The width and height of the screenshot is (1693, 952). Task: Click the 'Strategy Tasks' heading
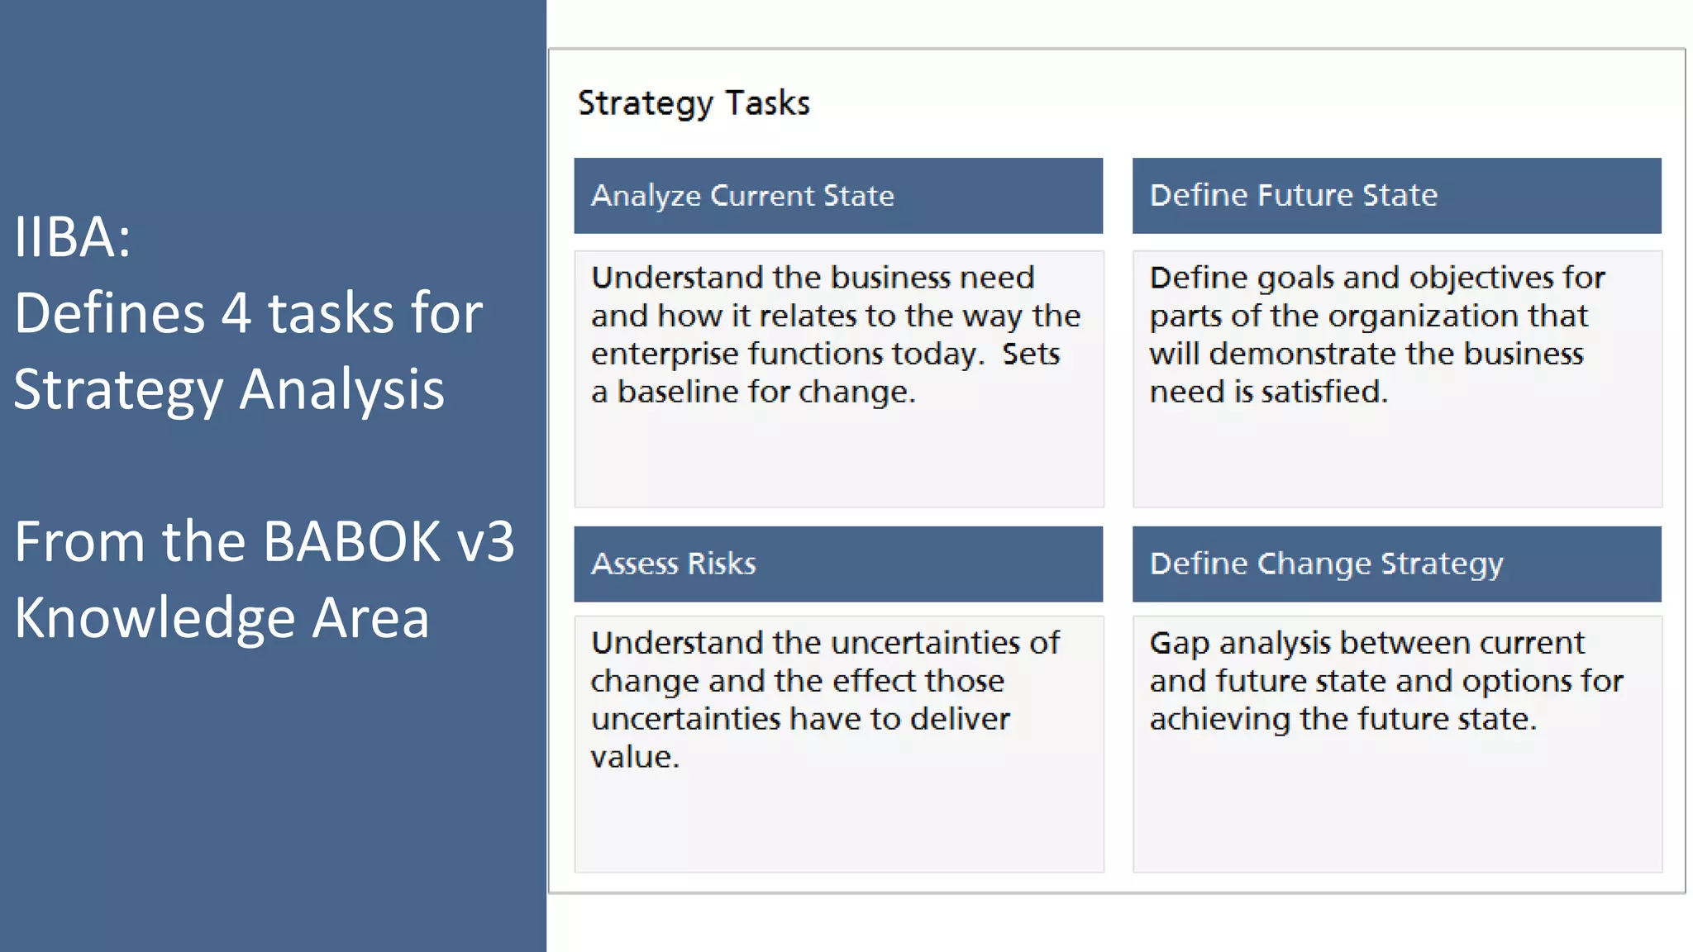click(x=694, y=104)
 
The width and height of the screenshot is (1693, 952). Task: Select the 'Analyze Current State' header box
click(x=838, y=196)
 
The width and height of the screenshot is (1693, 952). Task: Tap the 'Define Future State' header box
click(x=1396, y=196)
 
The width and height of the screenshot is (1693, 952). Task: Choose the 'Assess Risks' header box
click(x=838, y=564)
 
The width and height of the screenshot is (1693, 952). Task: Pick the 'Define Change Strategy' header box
click(x=1396, y=564)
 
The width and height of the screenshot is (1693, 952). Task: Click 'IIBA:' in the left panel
click(x=73, y=238)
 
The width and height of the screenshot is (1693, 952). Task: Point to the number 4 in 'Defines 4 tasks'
click(x=236, y=314)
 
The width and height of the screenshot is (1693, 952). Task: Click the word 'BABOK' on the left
click(x=352, y=543)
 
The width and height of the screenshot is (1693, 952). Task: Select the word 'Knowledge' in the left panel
click(x=155, y=619)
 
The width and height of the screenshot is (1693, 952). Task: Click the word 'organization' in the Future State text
click(x=1424, y=317)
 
